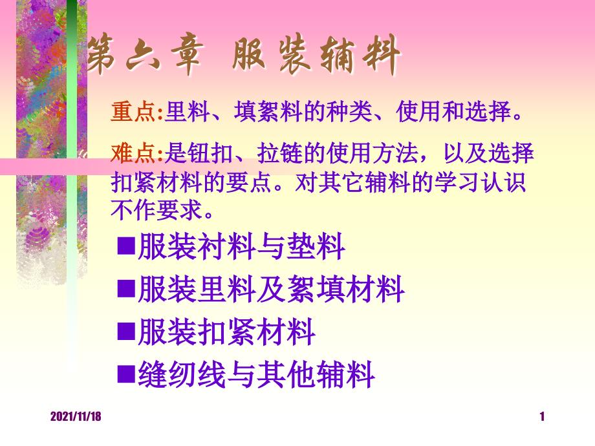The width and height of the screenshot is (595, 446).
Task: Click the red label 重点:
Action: (137, 112)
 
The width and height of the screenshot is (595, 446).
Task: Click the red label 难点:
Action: (137, 153)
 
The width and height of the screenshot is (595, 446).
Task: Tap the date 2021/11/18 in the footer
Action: (76, 416)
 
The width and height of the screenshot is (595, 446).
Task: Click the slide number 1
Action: (542, 416)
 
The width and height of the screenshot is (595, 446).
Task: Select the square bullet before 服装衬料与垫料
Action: (126, 246)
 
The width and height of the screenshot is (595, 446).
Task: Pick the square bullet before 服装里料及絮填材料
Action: (126, 288)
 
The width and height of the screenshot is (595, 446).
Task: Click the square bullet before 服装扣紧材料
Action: (126, 331)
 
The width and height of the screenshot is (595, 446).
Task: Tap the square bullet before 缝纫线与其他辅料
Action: (126, 374)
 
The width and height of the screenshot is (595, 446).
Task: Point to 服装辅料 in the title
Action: (316, 54)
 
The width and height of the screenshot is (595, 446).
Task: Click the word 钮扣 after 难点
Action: (211, 153)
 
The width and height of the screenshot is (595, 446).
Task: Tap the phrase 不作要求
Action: (157, 210)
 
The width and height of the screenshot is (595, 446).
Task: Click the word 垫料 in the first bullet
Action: (316, 246)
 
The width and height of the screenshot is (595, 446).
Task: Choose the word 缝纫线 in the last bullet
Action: (182, 375)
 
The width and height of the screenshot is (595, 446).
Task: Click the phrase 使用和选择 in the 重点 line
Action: (454, 112)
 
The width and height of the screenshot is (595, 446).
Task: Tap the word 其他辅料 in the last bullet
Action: (316, 375)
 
